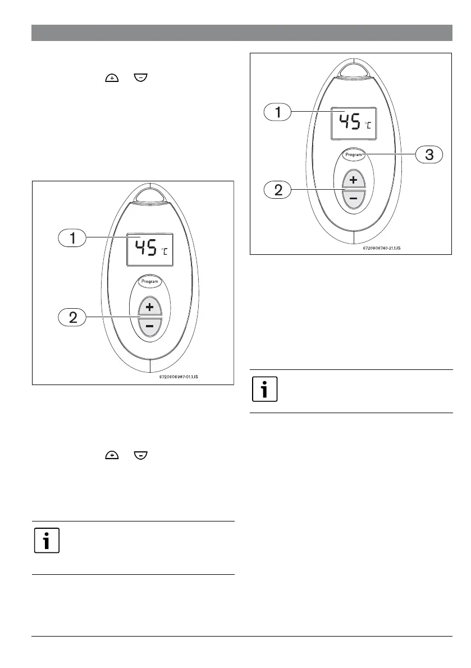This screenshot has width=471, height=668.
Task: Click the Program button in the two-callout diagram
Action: pos(150,282)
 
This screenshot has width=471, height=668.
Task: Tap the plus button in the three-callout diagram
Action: pos(354,180)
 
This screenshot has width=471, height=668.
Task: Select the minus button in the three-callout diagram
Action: pos(354,199)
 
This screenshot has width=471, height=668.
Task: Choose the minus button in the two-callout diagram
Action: pos(150,327)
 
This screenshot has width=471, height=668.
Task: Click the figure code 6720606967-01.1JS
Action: pos(176,377)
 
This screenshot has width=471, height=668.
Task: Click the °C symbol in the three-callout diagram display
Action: pos(368,125)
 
